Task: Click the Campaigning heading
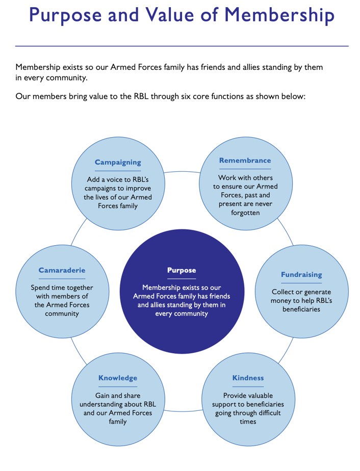tap(118, 163)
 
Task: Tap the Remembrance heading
tap(245, 161)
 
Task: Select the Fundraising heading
tap(301, 275)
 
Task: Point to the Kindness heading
tap(248, 378)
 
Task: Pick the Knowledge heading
tap(118, 378)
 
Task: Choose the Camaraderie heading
tap(62, 270)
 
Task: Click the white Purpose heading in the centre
tap(182, 270)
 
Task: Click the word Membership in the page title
tap(279, 15)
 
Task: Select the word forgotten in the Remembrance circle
tap(245, 213)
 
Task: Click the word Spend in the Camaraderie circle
tap(41, 287)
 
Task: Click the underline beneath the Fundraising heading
tap(301, 283)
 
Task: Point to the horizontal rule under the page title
tap(182, 46)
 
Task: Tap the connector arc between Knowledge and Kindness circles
tap(182, 410)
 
